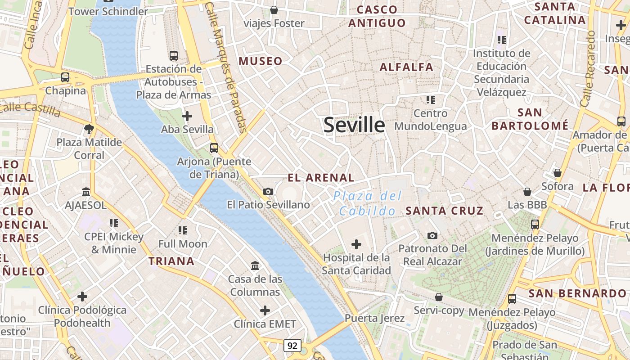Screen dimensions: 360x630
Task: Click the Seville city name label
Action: click(x=354, y=125)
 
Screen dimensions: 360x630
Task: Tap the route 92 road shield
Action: click(x=292, y=345)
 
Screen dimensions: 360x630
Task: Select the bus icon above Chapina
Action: click(x=65, y=77)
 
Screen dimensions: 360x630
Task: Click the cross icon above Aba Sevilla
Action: click(x=187, y=116)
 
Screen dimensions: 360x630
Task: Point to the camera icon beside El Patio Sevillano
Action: click(x=268, y=192)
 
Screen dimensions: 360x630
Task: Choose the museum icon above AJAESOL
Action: click(x=86, y=192)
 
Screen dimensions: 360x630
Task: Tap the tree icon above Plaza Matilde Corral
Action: click(x=89, y=129)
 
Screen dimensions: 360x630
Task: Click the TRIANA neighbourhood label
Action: click(x=171, y=261)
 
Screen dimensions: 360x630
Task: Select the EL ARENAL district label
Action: click(x=321, y=177)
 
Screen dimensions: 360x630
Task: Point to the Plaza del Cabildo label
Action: click(x=368, y=203)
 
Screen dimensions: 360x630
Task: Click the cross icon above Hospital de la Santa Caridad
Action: click(x=356, y=244)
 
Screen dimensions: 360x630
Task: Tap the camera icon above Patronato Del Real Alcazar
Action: click(x=432, y=235)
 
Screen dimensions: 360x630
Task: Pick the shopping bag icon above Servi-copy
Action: click(x=439, y=297)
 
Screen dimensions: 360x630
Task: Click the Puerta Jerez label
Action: click(x=374, y=318)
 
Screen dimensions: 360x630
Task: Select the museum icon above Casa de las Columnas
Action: click(x=255, y=266)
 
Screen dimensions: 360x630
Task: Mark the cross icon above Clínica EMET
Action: click(x=265, y=310)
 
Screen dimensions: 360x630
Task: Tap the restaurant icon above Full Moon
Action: click(x=182, y=230)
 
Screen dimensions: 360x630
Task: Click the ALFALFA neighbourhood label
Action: click(x=406, y=67)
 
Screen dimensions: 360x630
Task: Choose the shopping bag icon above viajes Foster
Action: click(x=274, y=10)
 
